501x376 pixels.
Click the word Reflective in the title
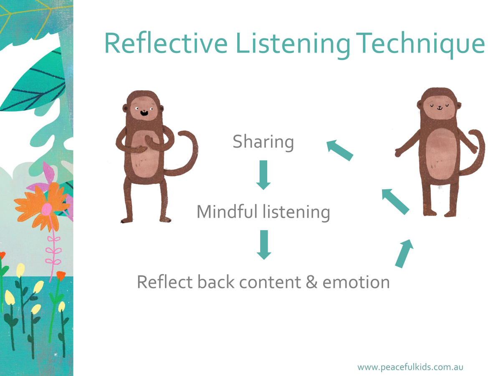[166, 43]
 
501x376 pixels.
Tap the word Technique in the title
[420, 45]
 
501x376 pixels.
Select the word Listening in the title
[293, 45]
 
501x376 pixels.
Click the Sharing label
[263, 142]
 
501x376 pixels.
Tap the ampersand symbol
[311, 282]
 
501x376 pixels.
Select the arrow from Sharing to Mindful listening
[263, 175]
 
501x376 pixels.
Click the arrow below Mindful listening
[264, 245]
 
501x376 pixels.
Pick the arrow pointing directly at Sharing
[340, 150]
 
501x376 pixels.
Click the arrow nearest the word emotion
[404, 254]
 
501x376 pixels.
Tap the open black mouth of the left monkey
[144, 112]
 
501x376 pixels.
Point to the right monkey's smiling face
[439, 107]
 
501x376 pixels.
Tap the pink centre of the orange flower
[47, 208]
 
